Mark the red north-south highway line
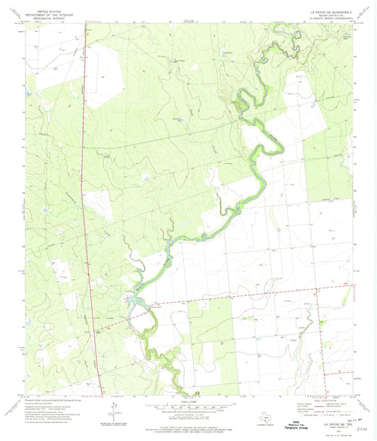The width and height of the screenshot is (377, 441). pyautogui.click(x=89, y=212)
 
